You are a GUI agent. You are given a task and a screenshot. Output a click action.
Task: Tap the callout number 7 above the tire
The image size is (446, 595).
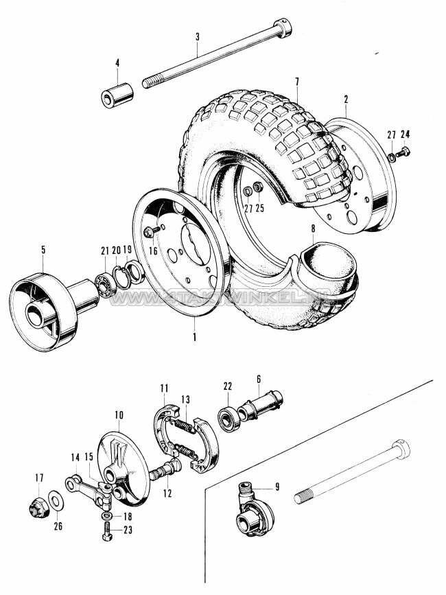[x=296, y=82]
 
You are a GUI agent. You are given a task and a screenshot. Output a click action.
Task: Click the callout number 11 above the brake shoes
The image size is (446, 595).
[x=164, y=388]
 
